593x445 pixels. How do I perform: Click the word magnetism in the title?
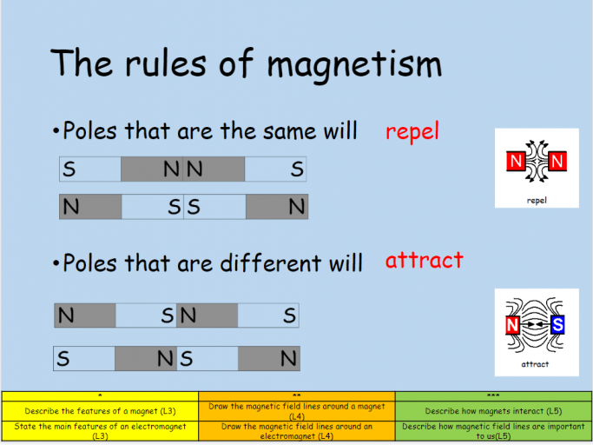(x=354, y=65)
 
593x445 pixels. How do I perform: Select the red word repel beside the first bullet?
(x=412, y=131)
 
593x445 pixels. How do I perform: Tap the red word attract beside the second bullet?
(x=425, y=260)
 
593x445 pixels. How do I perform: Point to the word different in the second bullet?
(x=270, y=262)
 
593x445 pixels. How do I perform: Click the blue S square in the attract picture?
(x=557, y=324)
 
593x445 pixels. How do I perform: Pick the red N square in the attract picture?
(x=512, y=324)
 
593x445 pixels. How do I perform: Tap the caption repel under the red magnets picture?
(x=537, y=201)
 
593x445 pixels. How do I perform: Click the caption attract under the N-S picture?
(x=535, y=364)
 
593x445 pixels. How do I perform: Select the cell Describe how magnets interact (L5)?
(x=493, y=411)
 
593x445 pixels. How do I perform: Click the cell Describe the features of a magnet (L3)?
(x=100, y=411)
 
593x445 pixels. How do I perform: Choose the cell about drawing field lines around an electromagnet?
(x=297, y=431)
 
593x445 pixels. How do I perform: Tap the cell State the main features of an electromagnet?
(x=100, y=431)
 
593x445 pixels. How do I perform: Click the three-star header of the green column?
(x=493, y=396)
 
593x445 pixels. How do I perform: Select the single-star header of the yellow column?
(x=100, y=396)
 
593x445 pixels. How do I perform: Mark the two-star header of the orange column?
(x=297, y=396)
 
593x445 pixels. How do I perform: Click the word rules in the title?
(x=166, y=63)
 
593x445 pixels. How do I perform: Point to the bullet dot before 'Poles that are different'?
(x=56, y=262)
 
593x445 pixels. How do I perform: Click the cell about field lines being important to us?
(x=493, y=431)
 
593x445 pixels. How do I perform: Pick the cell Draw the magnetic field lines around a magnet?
(x=297, y=411)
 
